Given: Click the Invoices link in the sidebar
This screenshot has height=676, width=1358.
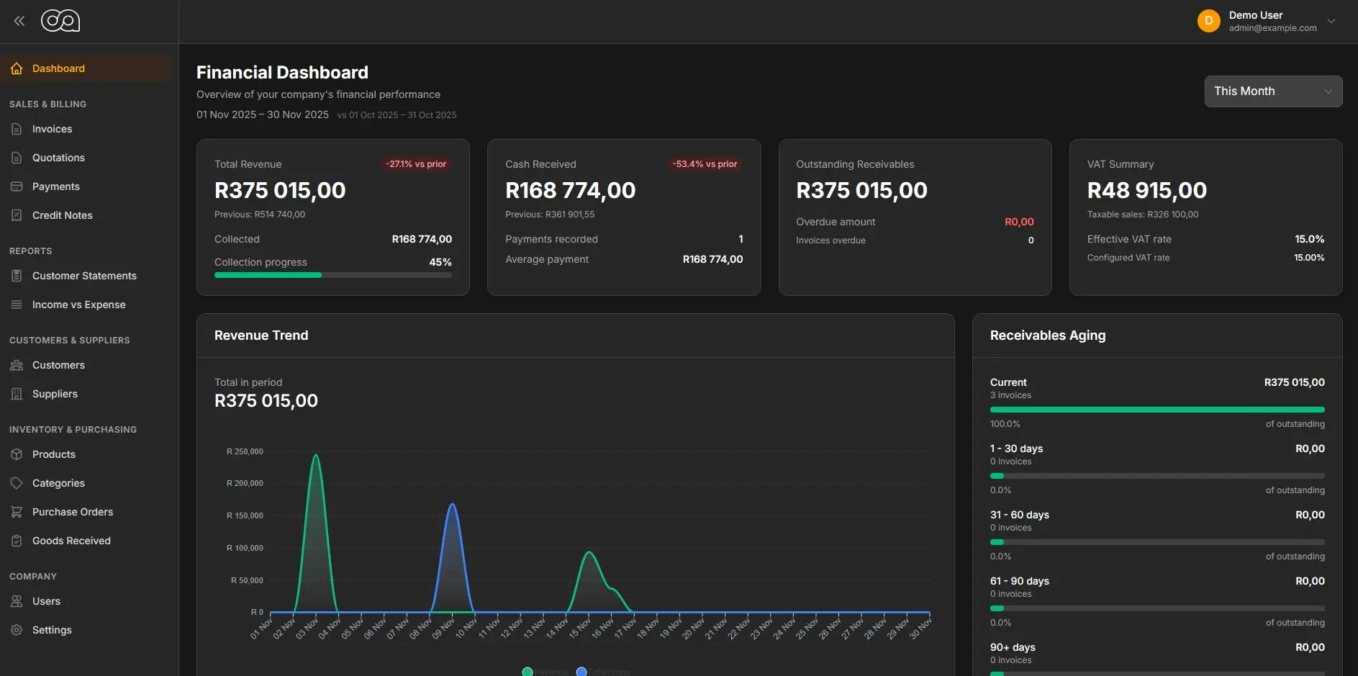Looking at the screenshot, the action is (52, 129).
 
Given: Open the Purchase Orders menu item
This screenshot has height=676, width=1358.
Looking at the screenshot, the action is (72, 512).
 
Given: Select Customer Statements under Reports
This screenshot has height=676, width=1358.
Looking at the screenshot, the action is (84, 276).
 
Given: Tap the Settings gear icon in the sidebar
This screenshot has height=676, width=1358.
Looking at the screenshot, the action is (17, 630).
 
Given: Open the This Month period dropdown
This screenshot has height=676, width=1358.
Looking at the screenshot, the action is (1272, 91).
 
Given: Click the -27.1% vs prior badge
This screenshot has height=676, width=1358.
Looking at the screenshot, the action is (415, 164).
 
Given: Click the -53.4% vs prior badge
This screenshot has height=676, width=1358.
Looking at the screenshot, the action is (705, 164).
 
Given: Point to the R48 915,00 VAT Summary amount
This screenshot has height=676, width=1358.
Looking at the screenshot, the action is (1146, 190).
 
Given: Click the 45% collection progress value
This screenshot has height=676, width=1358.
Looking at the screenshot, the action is (440, 262).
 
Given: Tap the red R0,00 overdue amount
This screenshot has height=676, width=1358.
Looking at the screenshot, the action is (1018, 222).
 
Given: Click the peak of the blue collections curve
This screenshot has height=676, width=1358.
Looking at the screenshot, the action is (453, 505).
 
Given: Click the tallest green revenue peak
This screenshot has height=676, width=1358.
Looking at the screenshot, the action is (315, 456).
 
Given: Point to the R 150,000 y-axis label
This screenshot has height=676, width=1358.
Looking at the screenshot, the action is (245, 515).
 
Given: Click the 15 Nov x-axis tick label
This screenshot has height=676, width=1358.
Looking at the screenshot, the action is (579, 627).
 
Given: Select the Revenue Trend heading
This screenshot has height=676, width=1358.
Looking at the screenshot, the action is (261, 335).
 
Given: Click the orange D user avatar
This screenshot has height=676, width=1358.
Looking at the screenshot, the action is (1208, 21).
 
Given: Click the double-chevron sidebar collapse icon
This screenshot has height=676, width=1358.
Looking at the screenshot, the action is (19, 21).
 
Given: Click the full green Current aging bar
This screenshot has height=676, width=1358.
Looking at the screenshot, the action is (1156, 410).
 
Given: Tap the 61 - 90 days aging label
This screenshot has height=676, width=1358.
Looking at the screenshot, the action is (1019, 581).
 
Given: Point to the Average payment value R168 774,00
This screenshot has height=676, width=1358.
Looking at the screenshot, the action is (712, 259).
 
